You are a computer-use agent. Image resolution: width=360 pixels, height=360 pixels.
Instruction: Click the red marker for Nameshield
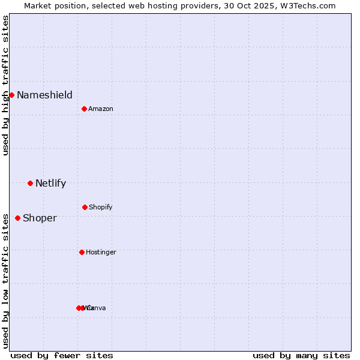(x=11, y=95)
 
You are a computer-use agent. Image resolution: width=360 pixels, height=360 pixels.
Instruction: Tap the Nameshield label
(x=44, y=95)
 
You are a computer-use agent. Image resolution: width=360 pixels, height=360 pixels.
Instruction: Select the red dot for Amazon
(x=85, y=109)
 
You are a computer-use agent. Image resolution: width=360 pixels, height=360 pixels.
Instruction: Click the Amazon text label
(x=101, y=109)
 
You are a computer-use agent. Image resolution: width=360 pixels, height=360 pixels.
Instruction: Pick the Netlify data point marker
(x=30, y=183)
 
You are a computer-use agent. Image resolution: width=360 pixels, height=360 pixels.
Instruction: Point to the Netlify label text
(x=50, y=183)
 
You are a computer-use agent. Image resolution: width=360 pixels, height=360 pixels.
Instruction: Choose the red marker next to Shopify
(x=85, y=207)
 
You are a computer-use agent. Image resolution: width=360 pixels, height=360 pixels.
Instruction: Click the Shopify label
(x=101, y=207)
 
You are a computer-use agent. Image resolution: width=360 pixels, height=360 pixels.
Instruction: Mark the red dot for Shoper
(x=17, y=218)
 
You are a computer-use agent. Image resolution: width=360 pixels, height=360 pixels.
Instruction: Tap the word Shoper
(x=40, y=218)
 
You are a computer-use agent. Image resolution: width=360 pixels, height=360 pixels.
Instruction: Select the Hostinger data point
(x=82, y=252)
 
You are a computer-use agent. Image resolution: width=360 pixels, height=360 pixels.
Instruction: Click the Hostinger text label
(x=101, y=252)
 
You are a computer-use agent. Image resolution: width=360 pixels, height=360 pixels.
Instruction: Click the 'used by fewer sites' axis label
(x=62, y=355)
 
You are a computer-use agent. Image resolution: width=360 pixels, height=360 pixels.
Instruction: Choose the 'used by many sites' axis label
(x=301, y=355)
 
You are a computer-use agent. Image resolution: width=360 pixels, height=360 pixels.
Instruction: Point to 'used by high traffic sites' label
(x=5, y=85)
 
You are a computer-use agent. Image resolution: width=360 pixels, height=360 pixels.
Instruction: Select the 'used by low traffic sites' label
(x=5, y=281)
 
